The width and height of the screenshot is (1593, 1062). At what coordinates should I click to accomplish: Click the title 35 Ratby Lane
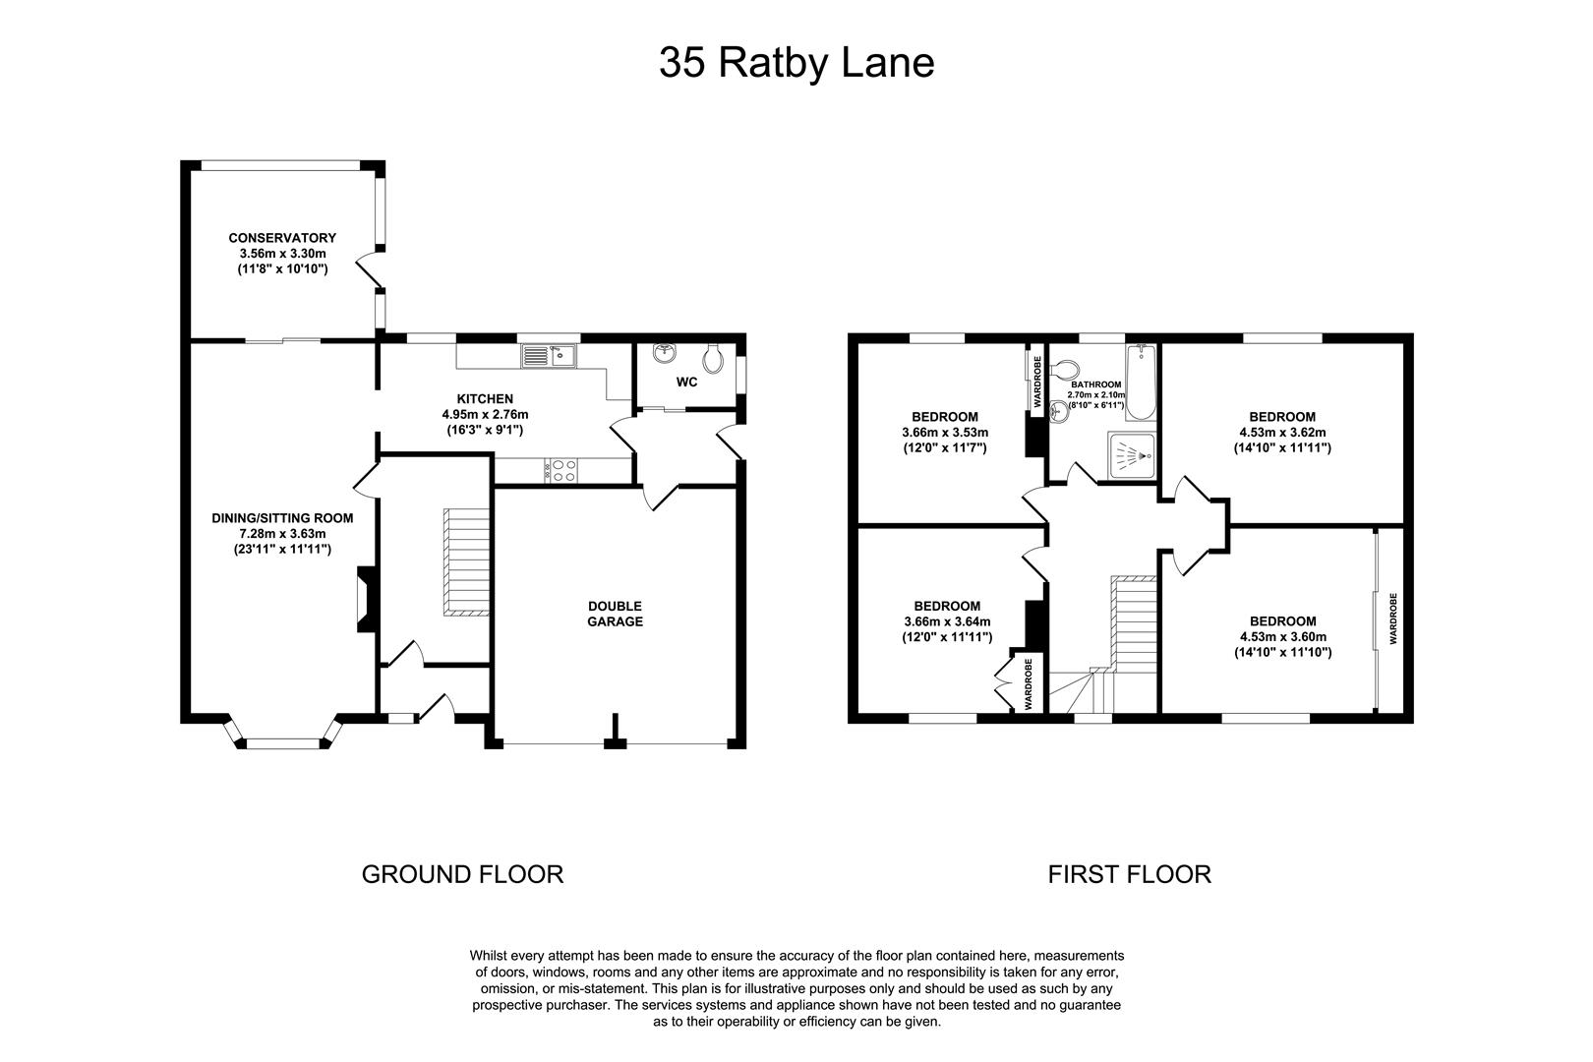tap(796, 63)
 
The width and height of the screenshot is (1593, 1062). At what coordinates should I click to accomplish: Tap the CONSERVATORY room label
tap(282, 238)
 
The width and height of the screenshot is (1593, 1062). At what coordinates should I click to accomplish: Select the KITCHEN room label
tap(485, 398)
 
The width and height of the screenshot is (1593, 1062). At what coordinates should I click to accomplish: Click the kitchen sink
tap(550, 355)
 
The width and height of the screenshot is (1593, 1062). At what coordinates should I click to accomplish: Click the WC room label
tap(686, 382)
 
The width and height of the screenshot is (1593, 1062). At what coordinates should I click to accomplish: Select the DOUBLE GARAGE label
tap(615, 614)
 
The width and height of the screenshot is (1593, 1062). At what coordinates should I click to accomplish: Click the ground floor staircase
tap(466, 562)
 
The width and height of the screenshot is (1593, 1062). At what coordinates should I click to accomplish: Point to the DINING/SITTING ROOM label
tap(282, 518)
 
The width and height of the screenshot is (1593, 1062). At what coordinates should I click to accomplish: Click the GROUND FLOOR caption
tap(462, 873)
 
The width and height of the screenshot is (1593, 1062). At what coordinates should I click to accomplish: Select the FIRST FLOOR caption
tap(1129, 873)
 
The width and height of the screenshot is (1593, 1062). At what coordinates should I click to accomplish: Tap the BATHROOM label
tap(1095, 384)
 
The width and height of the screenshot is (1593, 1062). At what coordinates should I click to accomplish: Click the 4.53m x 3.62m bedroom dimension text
tap(1281, 432)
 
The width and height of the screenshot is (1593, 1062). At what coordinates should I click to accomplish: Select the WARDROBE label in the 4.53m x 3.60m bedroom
tap(1392, 619)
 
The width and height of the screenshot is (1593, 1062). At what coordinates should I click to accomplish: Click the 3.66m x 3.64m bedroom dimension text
tap(946, 620)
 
